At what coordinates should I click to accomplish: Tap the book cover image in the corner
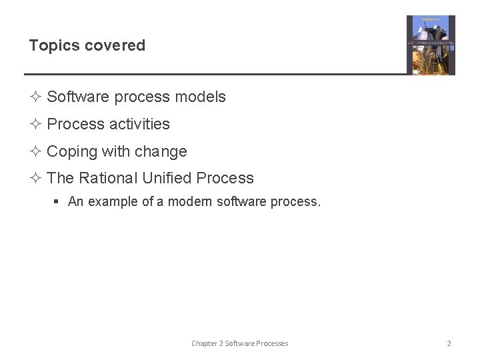[431, 45]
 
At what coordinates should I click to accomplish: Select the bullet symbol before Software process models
[36, 97]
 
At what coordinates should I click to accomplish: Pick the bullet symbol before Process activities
[36, 125]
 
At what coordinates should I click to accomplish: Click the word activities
[139, 125]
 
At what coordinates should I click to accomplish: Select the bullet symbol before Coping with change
[36, 152]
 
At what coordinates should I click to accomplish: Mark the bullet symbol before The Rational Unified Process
[36, 179]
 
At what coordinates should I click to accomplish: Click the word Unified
[166, 179]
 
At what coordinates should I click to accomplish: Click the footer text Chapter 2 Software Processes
[239, 343]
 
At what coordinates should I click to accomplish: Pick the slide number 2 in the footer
[449, 343]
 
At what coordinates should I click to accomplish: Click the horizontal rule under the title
[213, 74]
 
